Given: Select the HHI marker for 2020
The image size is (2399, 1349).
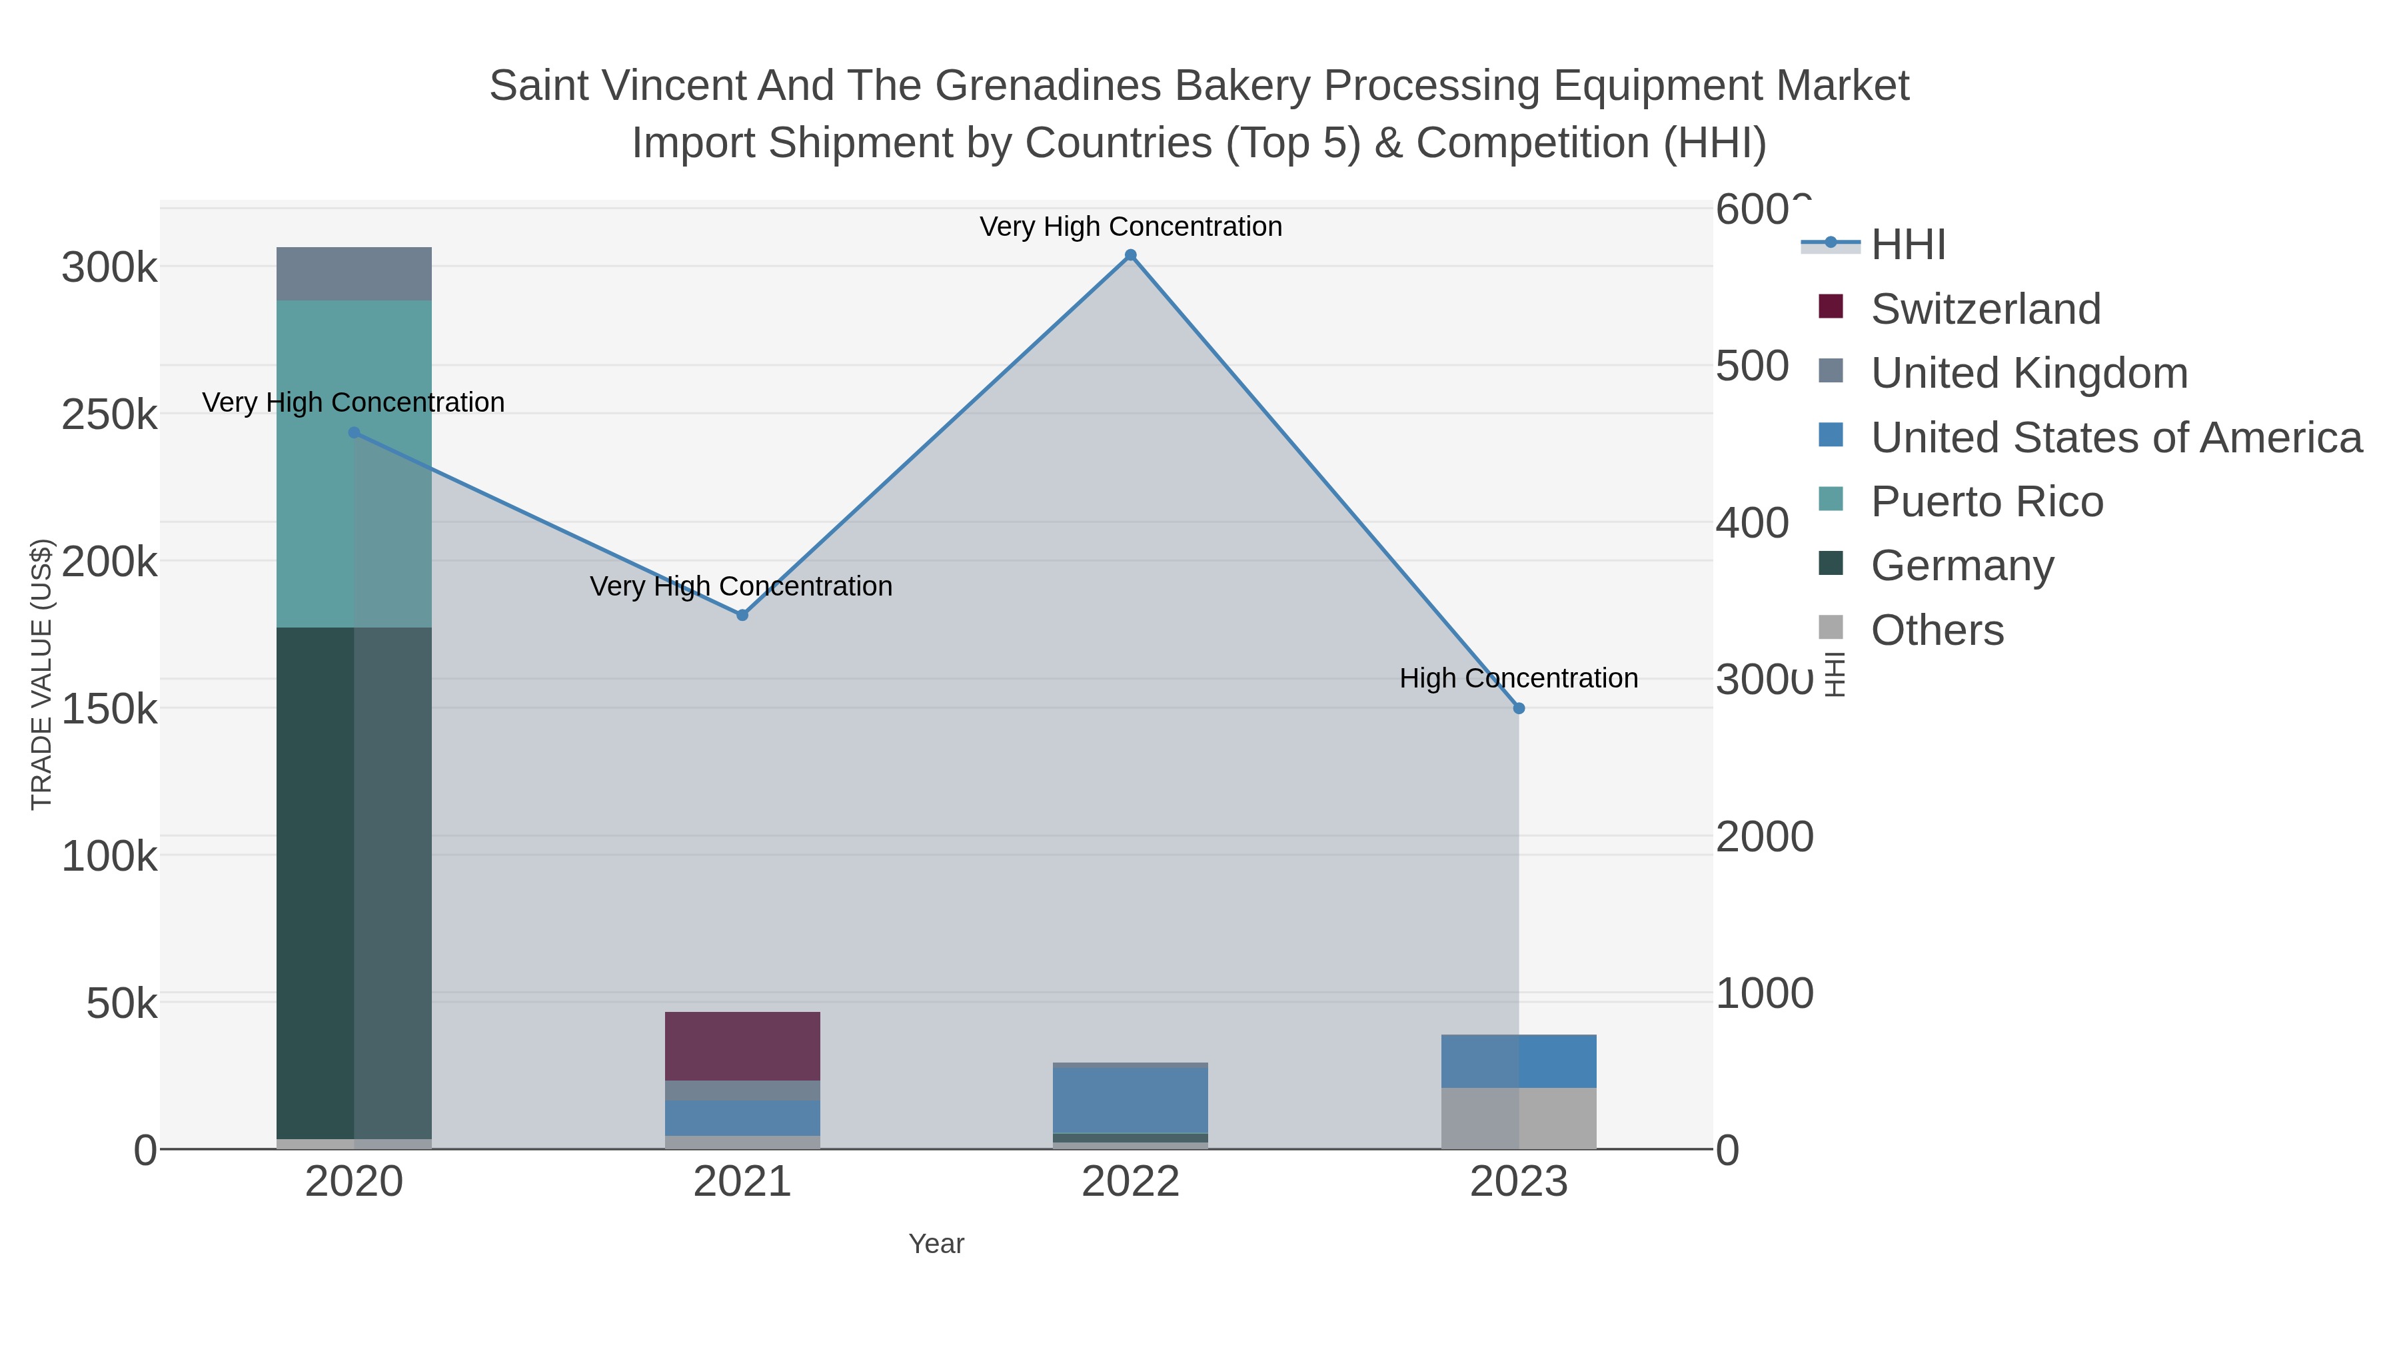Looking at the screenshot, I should [x=354, y=433].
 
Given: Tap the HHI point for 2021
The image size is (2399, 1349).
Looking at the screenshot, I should [x=742, y=616].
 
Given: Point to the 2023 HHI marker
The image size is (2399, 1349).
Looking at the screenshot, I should [x=1519, y=709].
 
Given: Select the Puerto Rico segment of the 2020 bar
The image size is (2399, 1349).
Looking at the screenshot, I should [x=354, y=464].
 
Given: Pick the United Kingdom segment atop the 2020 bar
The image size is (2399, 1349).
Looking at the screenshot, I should [x=354, y=274].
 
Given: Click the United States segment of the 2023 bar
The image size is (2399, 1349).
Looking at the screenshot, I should [x=1519, y=1061].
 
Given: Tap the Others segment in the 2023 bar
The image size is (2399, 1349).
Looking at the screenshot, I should [x=1519, y=1117].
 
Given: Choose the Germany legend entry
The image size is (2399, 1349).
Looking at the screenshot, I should [x=1961, y=566].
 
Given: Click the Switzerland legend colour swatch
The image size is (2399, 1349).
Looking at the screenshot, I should [x=1830, y=307].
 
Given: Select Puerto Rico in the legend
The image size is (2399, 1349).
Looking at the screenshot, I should [x=1987, y=502].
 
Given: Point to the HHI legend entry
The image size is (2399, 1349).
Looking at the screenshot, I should [x=1907, y=245].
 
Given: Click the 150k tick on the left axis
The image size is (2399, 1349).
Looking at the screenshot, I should [x=109, y=709].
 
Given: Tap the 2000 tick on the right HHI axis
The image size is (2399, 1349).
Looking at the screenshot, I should [x=1764, y=837].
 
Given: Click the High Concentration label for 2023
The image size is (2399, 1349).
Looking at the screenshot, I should [x=1518, y=679].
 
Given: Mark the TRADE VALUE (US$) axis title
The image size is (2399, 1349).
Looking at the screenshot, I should [x=42, y=674].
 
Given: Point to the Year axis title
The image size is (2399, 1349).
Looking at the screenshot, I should [x=936, y=1244].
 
